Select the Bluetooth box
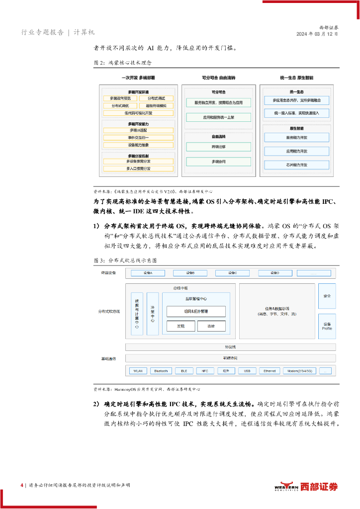pyautogui.click(x=161, y=371)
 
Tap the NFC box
pyautogui.click(x=204, y=371)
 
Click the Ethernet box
pyautogui.click(x=269, y=371)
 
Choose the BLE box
pyautogui.click(x=183, y=371)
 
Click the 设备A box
pyautogui.click(x=148, y=273)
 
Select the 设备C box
pyautogui.click(x=232, y=273)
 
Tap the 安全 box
pyautogui.click(x=327, y=296)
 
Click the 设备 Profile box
pyautogui.click(x=327, y=326)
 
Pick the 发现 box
pyautogui.click(x=180, y=326)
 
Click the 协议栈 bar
pyautogui.click(x=230, y=347)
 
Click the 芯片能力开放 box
pyautogui.click(x=296, y=164)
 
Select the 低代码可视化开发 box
pyautogui.click(x=138, y=113)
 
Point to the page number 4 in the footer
pyautogui.click(x=21, y=485)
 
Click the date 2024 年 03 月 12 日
pyautogui.click(x=317, y=34)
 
